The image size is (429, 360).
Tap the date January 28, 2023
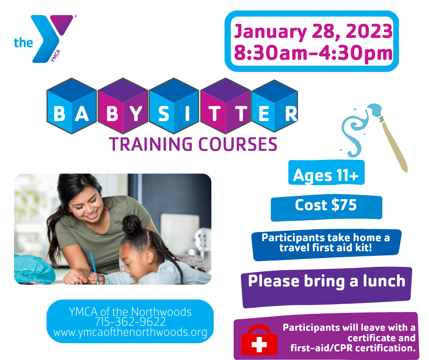click(313, 31)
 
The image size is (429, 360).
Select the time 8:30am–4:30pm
click(313, 53)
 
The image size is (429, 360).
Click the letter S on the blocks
click(163, 113)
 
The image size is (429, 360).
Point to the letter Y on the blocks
click(136, 113)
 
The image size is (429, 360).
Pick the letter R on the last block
click(291, 113)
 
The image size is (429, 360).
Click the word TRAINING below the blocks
click(151, 144)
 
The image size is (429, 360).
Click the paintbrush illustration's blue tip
click(374, 110)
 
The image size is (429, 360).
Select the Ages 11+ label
click(326, 175)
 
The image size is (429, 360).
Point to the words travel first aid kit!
click(325, 248)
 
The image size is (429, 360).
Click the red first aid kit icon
click(259, 340)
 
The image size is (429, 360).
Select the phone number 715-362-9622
click(130, 322)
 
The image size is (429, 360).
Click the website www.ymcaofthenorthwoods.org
click(130, 332)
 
